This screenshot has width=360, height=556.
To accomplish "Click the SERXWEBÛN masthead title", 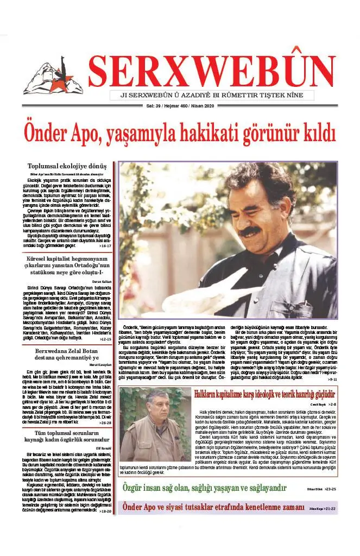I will point(212,69).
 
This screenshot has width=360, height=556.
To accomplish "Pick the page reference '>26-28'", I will point(105,422).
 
